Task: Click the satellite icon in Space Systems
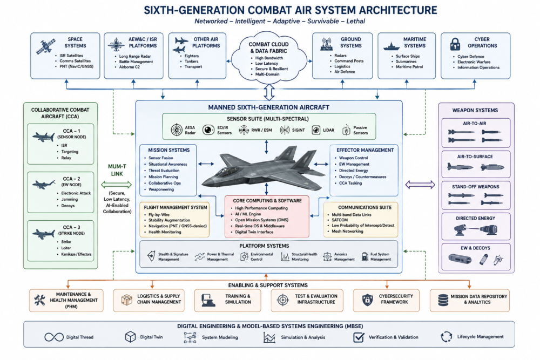pyautogui.click(x=46, y=46)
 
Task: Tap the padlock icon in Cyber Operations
pyautogui.click(x=455, y=44)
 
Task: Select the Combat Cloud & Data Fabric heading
pyautogui.click(x=268, y=47)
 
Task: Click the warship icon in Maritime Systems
pyautogui.click(x=391, y=46)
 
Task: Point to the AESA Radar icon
pyautogui.click(x=177, y=130)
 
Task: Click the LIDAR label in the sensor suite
pyautogui.click(x=328, y=130)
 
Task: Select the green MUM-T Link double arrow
pyautogui.click(x=117, y=185)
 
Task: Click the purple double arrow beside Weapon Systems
pyautogui.click(x=420, y=185)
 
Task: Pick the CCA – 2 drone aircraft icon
pyautogui.click(x=43, y=185)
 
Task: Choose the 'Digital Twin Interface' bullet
pyautogui.click(x=254, y=232)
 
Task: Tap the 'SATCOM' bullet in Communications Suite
pyautogui.click(x=340, y=220)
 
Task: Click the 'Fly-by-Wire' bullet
pyautogui.click(x=159, y=214)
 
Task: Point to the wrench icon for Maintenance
pyautogui.click(x=39, y=300)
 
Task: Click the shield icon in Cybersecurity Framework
pyautogui.click(x=367, y=300)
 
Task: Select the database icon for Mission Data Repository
pyautogui.click(x=443, y=300)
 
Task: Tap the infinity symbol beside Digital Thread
pyautogui.click(x=54, y=337)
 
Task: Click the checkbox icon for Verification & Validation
pyautogui.click(x=359, y=337)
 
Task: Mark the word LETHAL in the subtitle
pyautogui.click(x=355, y=22)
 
